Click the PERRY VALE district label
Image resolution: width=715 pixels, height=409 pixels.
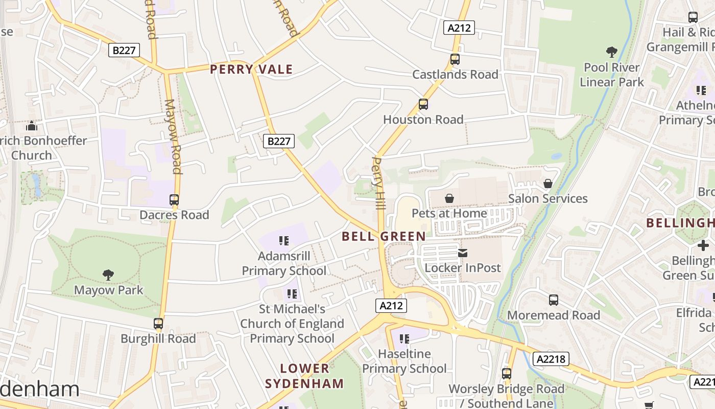251,70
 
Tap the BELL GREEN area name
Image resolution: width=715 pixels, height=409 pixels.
384,236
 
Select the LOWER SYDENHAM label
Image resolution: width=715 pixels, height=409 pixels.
305,376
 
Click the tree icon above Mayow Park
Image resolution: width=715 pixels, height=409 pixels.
108,275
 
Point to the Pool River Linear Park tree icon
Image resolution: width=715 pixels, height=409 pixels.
611,52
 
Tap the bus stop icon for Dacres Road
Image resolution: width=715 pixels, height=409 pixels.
174,200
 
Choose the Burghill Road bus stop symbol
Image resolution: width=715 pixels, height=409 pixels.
158,324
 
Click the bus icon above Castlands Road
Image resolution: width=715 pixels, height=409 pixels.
455,59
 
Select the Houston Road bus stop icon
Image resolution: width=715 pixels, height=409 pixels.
423,104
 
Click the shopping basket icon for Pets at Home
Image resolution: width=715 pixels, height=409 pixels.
449,198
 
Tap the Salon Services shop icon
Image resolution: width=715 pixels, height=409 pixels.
548,183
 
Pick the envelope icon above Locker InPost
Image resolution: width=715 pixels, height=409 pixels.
463,253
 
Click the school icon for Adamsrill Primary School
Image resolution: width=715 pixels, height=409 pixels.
284,241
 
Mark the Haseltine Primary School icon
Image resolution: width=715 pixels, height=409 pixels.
404,338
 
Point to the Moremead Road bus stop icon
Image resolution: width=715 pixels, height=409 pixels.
554,300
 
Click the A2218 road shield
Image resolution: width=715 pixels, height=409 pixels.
552,359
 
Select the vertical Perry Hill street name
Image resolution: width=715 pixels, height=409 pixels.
378,183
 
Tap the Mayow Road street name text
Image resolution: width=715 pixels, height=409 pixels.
173,137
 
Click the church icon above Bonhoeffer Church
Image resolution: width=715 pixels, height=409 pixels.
32,125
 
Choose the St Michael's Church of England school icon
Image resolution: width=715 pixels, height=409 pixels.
292,294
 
